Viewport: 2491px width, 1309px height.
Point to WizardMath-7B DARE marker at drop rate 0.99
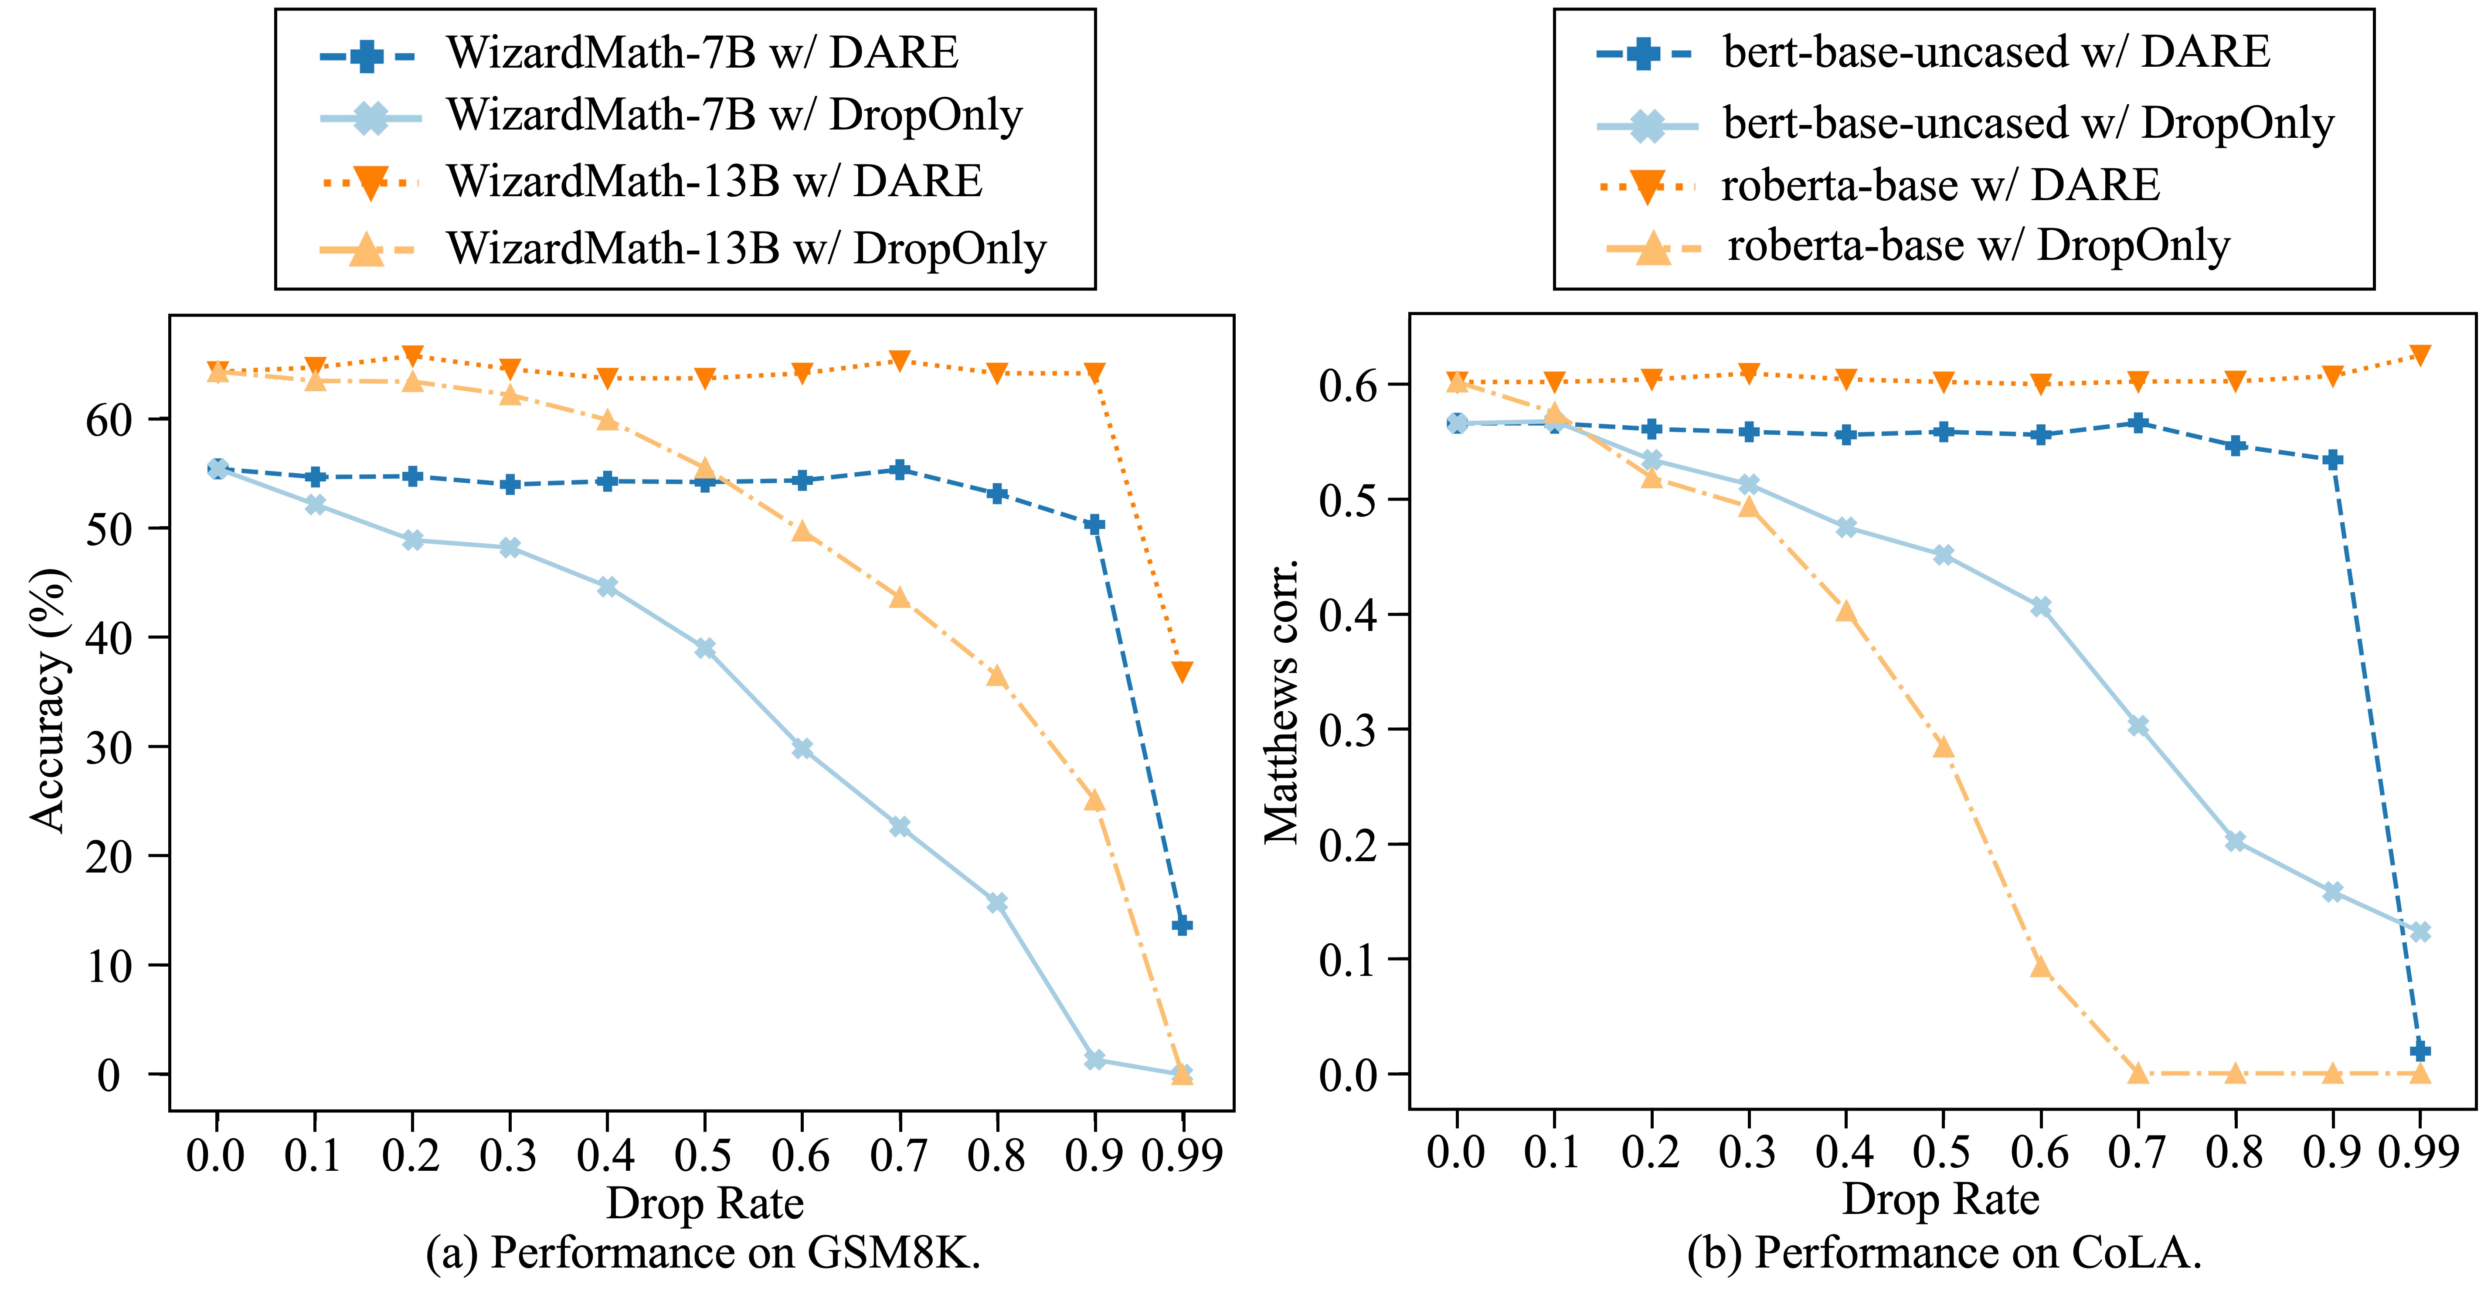(x=1182, y=926)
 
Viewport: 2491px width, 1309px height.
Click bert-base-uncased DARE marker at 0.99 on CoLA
(x=2420, y=1051)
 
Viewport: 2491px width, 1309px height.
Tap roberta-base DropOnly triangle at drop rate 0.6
(x=2040, y=967)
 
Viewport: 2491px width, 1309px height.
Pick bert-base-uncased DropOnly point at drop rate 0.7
(x=2138, y=726)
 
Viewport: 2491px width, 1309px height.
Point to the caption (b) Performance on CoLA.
(x=1944, y=1254)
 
